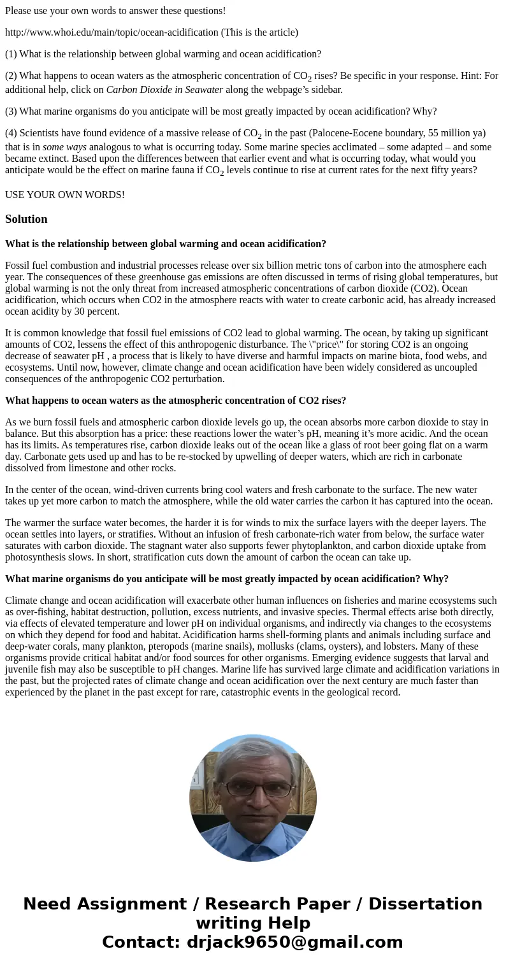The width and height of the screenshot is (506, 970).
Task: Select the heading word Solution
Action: coord(26,219)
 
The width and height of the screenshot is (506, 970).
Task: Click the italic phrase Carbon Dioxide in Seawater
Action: coord(164,90)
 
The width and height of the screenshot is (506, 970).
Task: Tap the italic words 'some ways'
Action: coord(64,147)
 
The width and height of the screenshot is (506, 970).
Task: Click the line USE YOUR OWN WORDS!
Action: coord(65,195)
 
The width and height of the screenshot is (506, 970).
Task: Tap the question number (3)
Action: coord(11,111)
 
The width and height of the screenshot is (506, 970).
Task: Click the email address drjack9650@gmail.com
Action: coord(294,943)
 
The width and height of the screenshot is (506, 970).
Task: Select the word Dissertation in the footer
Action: coord(425,904)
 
